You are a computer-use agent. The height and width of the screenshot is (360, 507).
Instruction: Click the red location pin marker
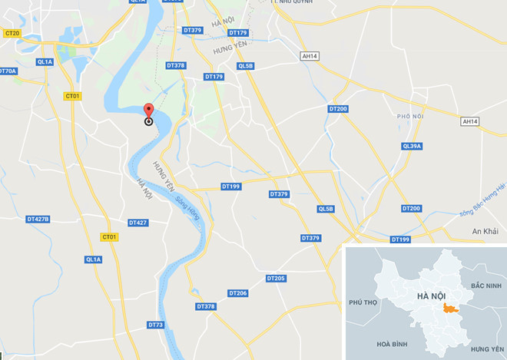[x=148, y=112]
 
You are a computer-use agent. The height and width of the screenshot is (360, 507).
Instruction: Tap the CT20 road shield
[x=12, y=33]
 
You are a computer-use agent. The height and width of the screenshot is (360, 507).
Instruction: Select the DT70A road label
[x=7, y=71]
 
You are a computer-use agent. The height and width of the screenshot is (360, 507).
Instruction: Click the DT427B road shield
[x=38, y=219]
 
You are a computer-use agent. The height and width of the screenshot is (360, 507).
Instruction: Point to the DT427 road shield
[x=138, y=223]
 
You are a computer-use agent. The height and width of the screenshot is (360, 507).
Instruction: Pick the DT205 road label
[x=276, y=278]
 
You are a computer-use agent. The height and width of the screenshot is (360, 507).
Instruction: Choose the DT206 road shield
[x=237, y=293]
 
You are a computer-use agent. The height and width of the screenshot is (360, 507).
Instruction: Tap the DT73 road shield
[x=156, y=325]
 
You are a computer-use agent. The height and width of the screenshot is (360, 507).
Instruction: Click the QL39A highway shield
[x=412, y=146]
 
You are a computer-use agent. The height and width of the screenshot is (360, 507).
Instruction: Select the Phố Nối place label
[x=410, y=117]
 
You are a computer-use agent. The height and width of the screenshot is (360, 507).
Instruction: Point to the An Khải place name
[x=485, y=231]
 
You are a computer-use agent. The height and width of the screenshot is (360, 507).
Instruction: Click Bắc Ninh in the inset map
[x=487, y=286]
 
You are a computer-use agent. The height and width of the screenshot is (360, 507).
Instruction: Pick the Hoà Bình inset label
[x=386, y=344]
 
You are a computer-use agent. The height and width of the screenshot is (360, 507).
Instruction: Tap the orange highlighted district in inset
[x=450, y=308]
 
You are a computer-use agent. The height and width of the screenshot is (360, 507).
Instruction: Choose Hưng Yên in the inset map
[x=487, y=348]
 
